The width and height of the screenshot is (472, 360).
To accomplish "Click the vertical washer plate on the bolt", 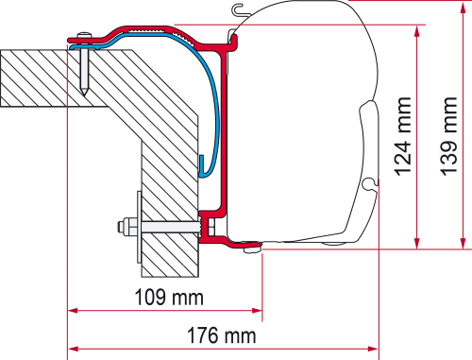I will coord(139,227).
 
